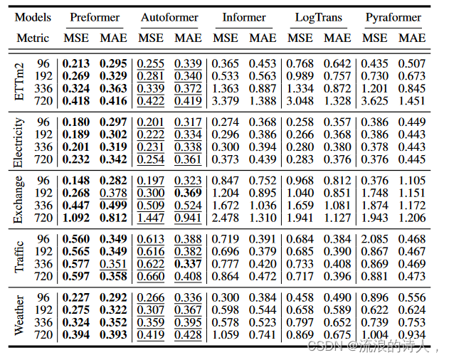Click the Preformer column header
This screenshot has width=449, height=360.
click(95, 17)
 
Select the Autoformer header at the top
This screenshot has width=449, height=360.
click(169, 17)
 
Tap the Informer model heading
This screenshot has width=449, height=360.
click(244, 17)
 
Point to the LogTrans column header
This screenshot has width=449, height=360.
click(319, 17)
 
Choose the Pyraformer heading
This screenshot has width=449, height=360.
click(393, 17)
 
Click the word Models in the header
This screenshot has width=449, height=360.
click(33, 17)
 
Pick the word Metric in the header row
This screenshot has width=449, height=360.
click(33, 37)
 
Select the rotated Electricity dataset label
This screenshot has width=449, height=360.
click(20, 142)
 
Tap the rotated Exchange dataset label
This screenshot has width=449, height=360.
click(20, 201)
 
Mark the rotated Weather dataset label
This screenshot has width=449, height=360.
click(20, 316)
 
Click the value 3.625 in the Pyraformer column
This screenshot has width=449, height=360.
click(375, 101)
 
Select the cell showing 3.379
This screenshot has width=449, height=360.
click(226, 101)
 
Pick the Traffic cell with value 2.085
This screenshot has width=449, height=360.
click(375, 239)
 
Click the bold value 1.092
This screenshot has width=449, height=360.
click(76, 219)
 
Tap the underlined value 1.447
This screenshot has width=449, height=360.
click(151, 219)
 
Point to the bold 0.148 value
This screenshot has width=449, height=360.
click(76, 180)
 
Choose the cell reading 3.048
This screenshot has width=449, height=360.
click(300, 101)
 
